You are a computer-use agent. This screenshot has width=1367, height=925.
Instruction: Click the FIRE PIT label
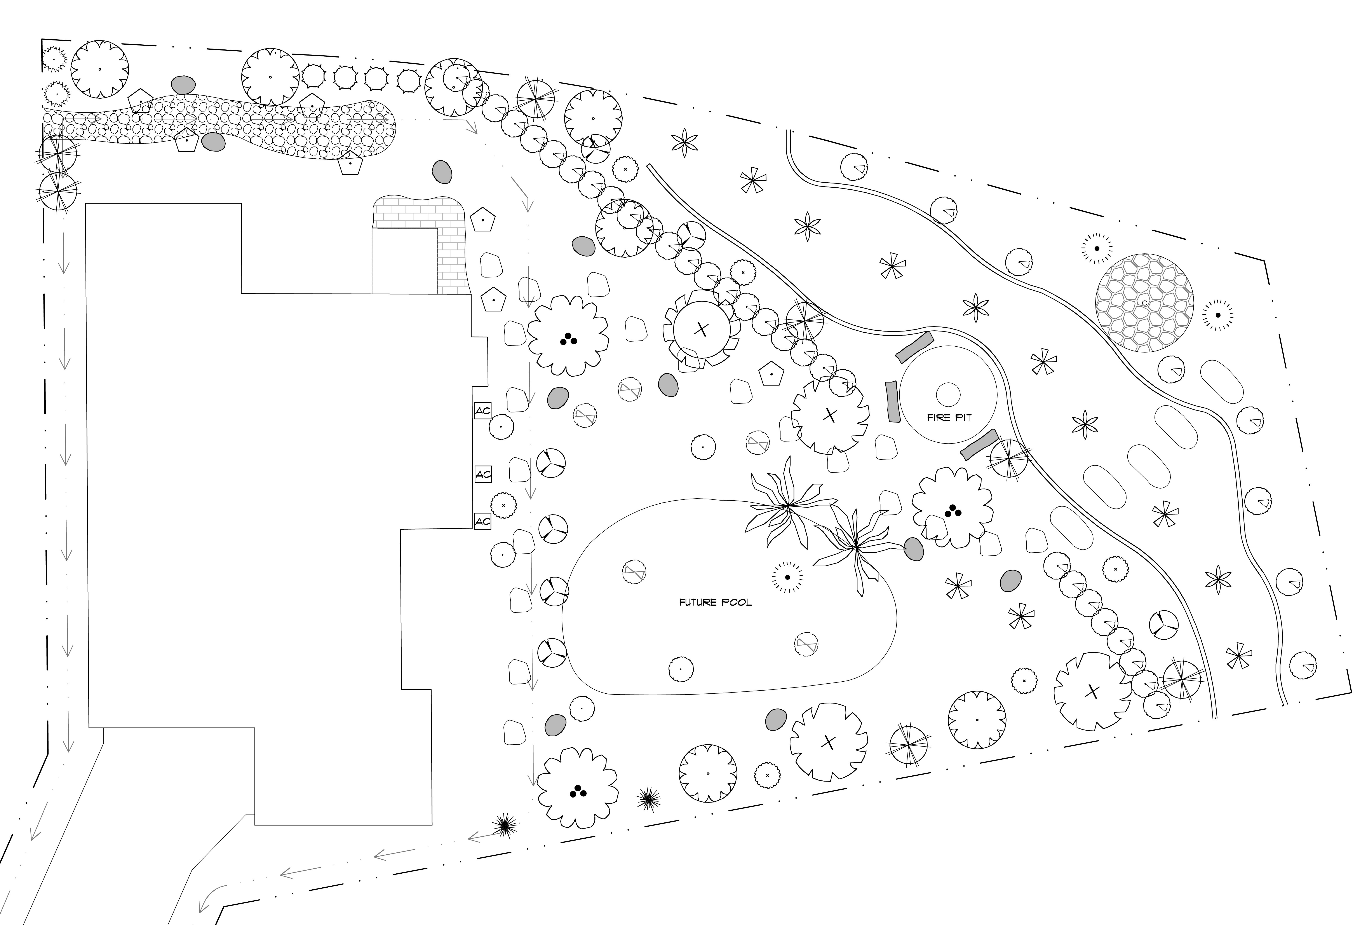tap(949, 418)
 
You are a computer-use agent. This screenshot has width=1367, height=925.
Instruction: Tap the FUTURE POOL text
tap(715, 602)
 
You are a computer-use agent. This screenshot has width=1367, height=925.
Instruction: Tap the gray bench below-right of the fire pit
tap(979, 444)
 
